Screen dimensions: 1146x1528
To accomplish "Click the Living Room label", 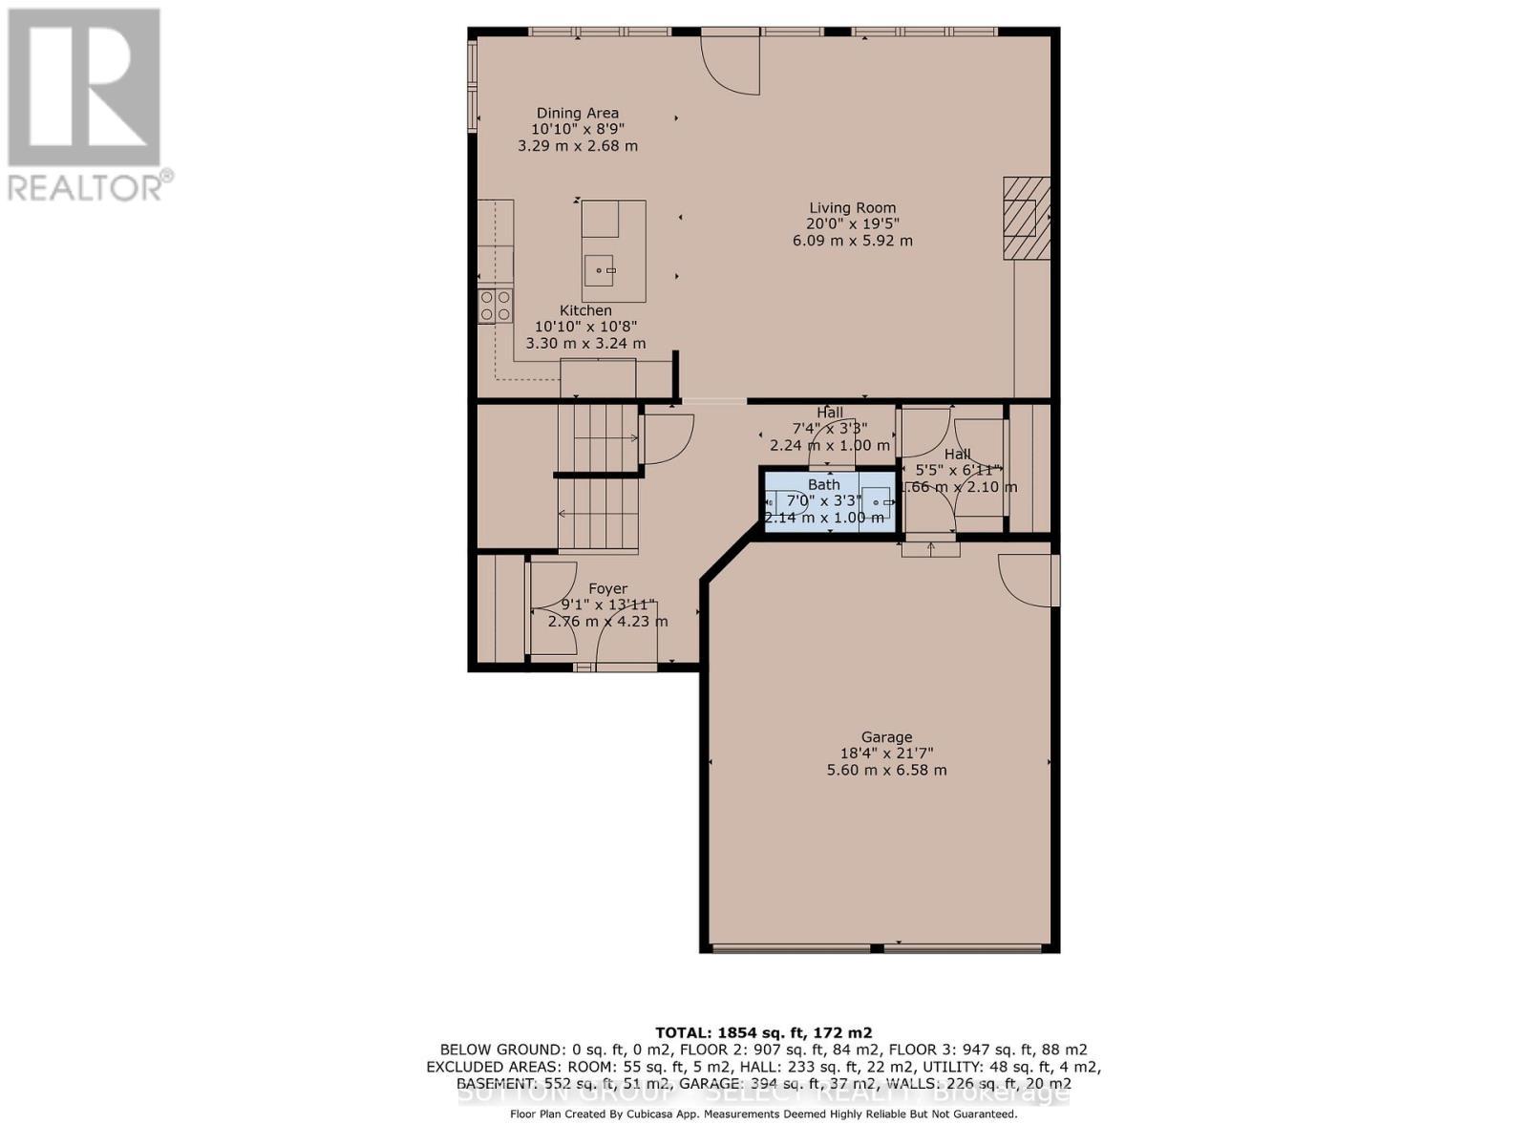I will (x=852, y=207).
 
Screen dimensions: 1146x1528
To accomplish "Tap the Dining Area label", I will (x=577, y=113).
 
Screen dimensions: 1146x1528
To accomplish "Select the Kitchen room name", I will (x=585, y=310).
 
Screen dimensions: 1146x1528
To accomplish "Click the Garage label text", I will (x=886, y=736).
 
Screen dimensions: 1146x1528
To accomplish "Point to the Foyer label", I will (x=607, y=588).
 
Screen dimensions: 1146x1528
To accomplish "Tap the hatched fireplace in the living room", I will (x=1027, y=218).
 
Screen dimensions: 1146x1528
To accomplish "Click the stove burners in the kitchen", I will (x=495, y=306).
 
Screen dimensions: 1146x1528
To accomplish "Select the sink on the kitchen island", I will (x=601, y=271).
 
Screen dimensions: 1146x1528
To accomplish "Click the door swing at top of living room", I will (x=732, y=63).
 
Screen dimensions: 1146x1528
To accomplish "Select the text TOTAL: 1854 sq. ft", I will (x=763, y=1032).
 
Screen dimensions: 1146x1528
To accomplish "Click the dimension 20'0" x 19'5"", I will (x=852, y=223).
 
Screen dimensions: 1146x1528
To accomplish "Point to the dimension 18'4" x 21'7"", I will (x=886, y=753).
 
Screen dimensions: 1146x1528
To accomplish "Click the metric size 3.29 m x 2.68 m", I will (x=577, y=146).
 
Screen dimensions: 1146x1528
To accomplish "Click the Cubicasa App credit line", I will (x=763, y=1114).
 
